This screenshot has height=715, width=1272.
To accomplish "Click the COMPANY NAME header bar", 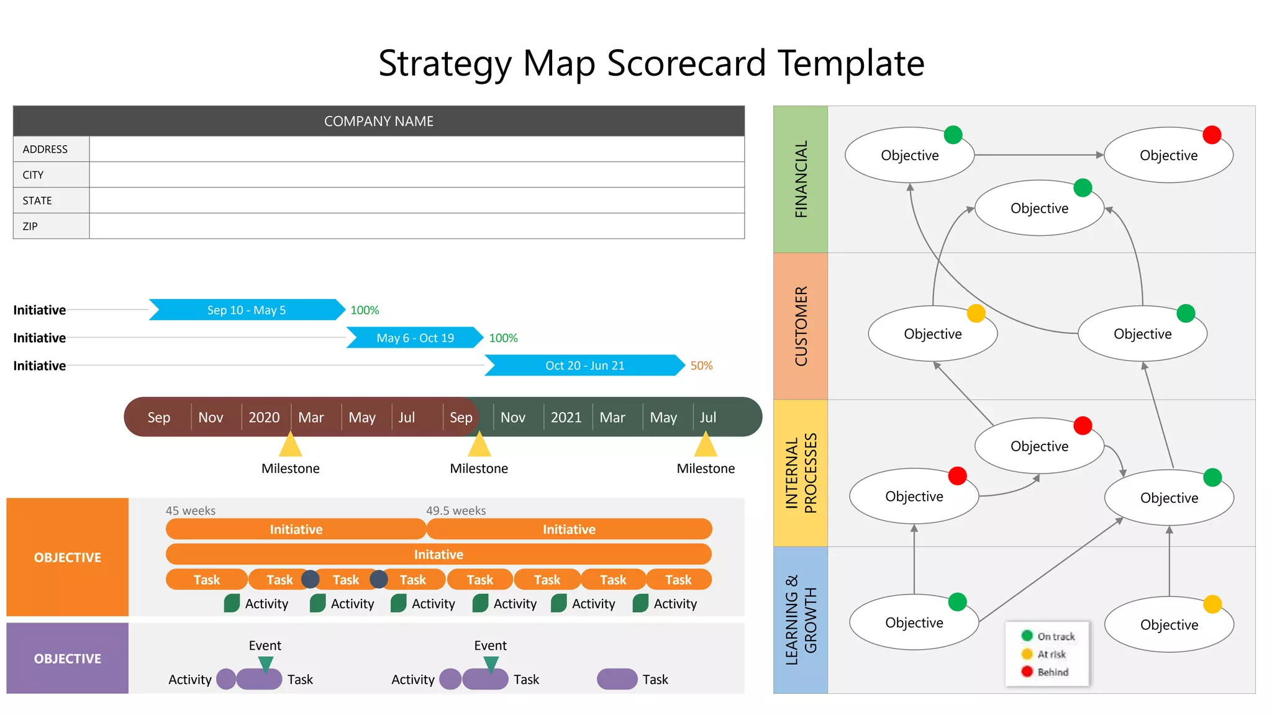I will point(378,121).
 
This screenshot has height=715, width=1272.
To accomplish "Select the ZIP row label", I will point(30,227).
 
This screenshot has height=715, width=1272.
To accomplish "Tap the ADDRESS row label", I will point(45,150).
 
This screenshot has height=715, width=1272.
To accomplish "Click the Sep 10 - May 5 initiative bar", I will point(247,310).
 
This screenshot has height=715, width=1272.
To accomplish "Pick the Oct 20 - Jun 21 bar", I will point(584,366).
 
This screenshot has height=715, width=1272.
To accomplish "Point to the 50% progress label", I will point(701,366).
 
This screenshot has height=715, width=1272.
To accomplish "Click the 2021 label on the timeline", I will point(566,417).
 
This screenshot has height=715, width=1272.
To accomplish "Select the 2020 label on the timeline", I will point(264,417).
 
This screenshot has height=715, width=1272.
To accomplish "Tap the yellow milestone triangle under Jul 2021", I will point(706,445).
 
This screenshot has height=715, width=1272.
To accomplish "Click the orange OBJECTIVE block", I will point(67,557).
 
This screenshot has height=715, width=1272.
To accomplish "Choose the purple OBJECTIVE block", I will point(67,658).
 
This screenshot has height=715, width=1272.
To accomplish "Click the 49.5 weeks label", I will point(456,510).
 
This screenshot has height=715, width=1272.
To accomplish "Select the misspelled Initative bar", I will point(438,554).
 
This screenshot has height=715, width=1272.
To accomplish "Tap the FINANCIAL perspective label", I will point(801,179).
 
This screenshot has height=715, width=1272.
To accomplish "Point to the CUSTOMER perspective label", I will point(801,326).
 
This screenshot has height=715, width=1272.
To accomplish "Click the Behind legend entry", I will point(1053,672).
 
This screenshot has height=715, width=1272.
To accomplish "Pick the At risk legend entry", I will point(1052,654).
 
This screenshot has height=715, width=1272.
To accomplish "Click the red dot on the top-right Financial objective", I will point(1212,135).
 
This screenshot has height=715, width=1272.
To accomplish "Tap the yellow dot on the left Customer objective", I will point(976,313).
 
